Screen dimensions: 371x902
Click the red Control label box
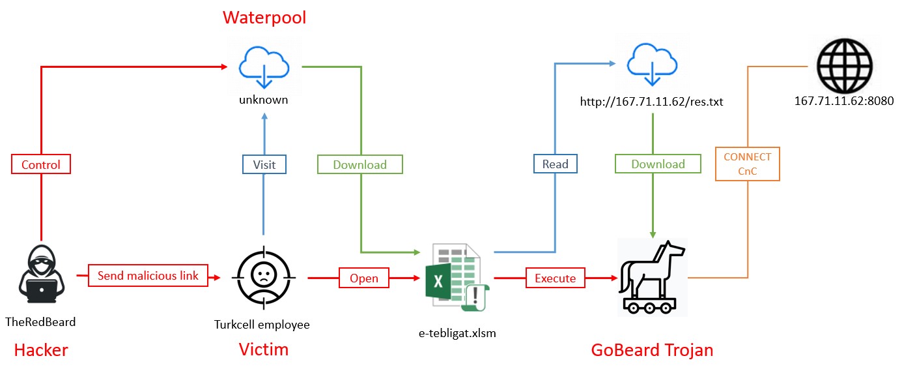click(x=40, y=164)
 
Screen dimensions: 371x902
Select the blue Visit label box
click(x=264, y=164)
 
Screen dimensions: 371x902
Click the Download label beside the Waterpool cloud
click(x=359, y=164)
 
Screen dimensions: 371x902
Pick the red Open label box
click(x=363, y=278)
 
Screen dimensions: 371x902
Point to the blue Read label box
click(x=554, y=164)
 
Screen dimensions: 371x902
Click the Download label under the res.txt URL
click(x=658, y=164)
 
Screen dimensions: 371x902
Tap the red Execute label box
click(x=555, y=278)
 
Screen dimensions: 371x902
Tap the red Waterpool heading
click(x=264, y=17)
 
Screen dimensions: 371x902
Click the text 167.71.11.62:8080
click(x=843, y=101)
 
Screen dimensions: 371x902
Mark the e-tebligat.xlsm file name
click(x=457, y=333)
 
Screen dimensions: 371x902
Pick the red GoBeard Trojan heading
click(x=652, y=350)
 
